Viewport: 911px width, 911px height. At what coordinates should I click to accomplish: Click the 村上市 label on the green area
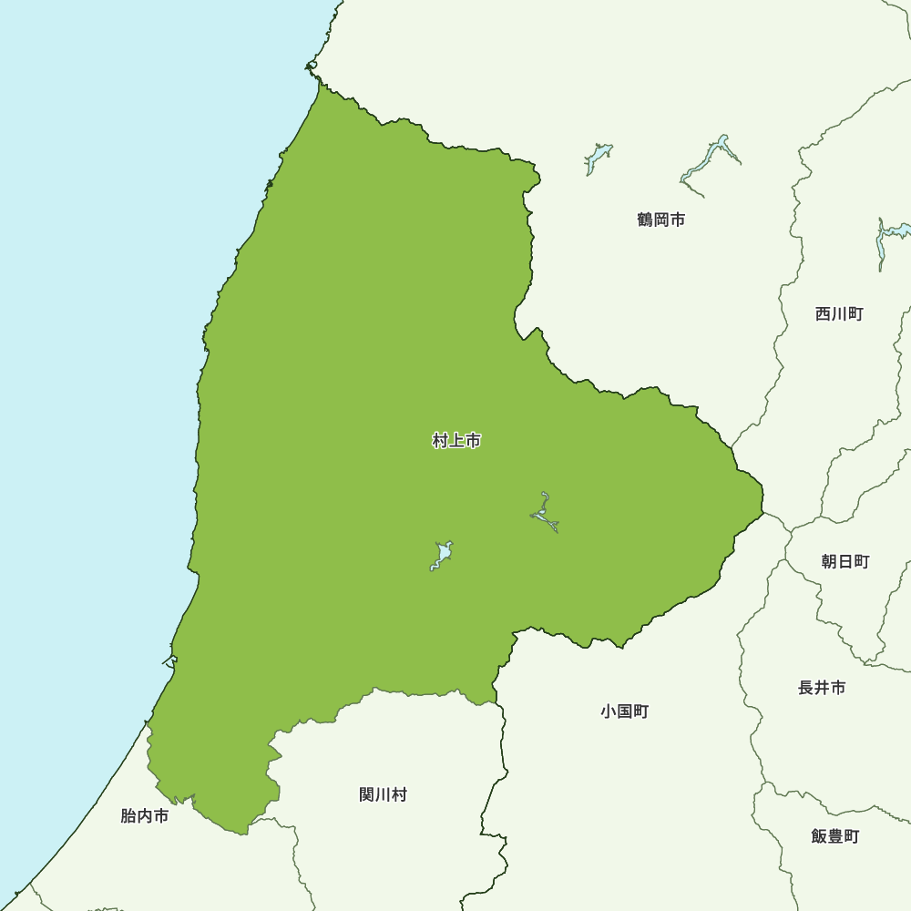click(x=456, y=442)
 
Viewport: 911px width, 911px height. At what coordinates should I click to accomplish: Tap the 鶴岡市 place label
click(x=661, y=220)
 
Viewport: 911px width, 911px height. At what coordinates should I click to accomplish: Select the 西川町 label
click(x=839, y=314)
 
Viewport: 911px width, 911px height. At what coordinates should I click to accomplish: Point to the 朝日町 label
click(x=845, y=562)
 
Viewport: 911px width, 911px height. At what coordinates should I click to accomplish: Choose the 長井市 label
click(x=822, y=688)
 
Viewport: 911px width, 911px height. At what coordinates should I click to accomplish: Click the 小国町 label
click(x=625, y=711)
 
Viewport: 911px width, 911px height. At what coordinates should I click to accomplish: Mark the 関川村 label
click(x=383, y=795)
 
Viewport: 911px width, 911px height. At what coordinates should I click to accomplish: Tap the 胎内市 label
click(x=145, y=816)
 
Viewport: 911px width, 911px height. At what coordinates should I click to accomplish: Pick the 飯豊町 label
click(x=835, y=836)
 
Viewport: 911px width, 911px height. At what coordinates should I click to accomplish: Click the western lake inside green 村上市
click(x=442, y=554)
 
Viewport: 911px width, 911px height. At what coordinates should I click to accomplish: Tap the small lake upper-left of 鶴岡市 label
click(x=598, y=157)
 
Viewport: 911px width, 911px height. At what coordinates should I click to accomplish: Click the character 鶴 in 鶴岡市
click(x=646, y=220)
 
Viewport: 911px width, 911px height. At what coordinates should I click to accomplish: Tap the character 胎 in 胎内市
click(x=128, y=816)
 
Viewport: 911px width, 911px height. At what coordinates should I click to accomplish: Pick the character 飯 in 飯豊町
click(x=819, y=836)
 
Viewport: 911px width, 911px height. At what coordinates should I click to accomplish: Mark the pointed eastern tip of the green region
click(x=763, y=497)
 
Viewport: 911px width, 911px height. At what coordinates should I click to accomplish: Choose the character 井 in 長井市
click(x=822, y=688)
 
